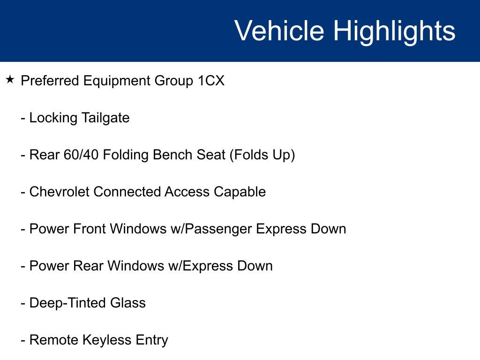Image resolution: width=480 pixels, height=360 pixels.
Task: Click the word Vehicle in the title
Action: coord(279,30)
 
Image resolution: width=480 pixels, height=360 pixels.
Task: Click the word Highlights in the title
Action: coord(394,32)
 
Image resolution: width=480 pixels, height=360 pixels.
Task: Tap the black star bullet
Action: coord(10,80)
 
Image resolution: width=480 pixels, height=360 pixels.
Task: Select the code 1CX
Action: coord(211,81)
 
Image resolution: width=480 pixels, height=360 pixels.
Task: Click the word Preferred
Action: coord(50,81)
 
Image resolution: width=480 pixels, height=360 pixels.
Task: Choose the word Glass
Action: coord(128,303)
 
